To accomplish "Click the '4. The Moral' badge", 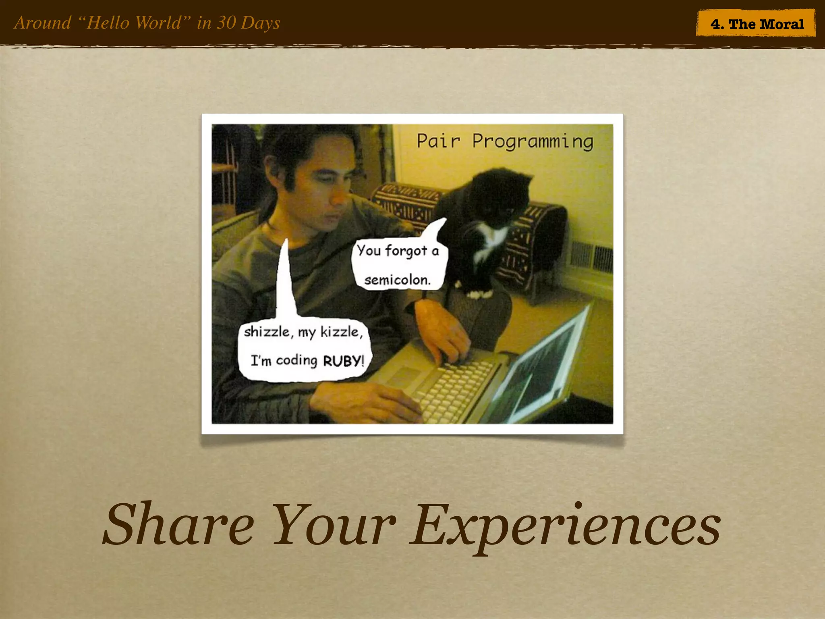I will pyautogui.click(x=757, y=24).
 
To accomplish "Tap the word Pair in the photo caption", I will pyautogui.click(x=438, y=141).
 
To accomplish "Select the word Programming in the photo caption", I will pyautogui.click(x=533, y=142).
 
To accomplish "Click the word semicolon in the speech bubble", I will pyautogui.click(x=397, y=279).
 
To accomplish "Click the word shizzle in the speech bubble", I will pyautogui.click(x=266, y=332).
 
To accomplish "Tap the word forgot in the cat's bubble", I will pyautogui.click(x=406, y=251).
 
